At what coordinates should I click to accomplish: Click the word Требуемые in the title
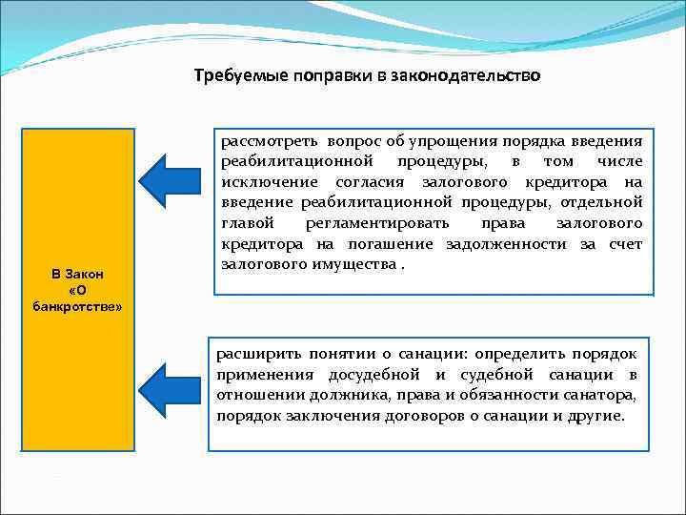tap(230, 75)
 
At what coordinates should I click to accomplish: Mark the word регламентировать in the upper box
tap(381, 222)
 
